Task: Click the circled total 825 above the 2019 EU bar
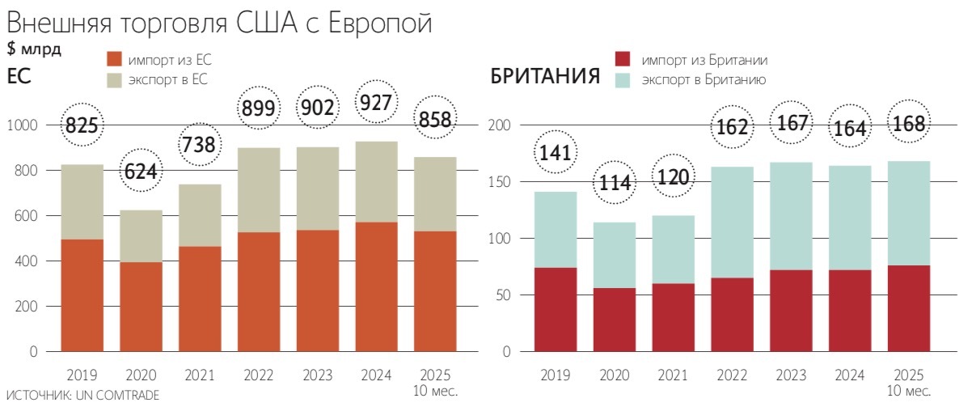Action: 82,125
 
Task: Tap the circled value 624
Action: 140,171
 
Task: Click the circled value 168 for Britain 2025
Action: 910,125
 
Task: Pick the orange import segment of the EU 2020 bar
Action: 140,307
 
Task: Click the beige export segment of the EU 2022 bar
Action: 259,190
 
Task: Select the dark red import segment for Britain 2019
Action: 556,310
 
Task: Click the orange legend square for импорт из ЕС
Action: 114,59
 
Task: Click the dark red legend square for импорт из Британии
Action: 622,60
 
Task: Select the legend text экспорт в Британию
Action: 699,80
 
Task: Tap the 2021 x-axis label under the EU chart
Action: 199,375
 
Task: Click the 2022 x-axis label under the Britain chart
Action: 733,375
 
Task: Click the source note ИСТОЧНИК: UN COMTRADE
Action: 82,396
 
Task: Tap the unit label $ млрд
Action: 33,49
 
